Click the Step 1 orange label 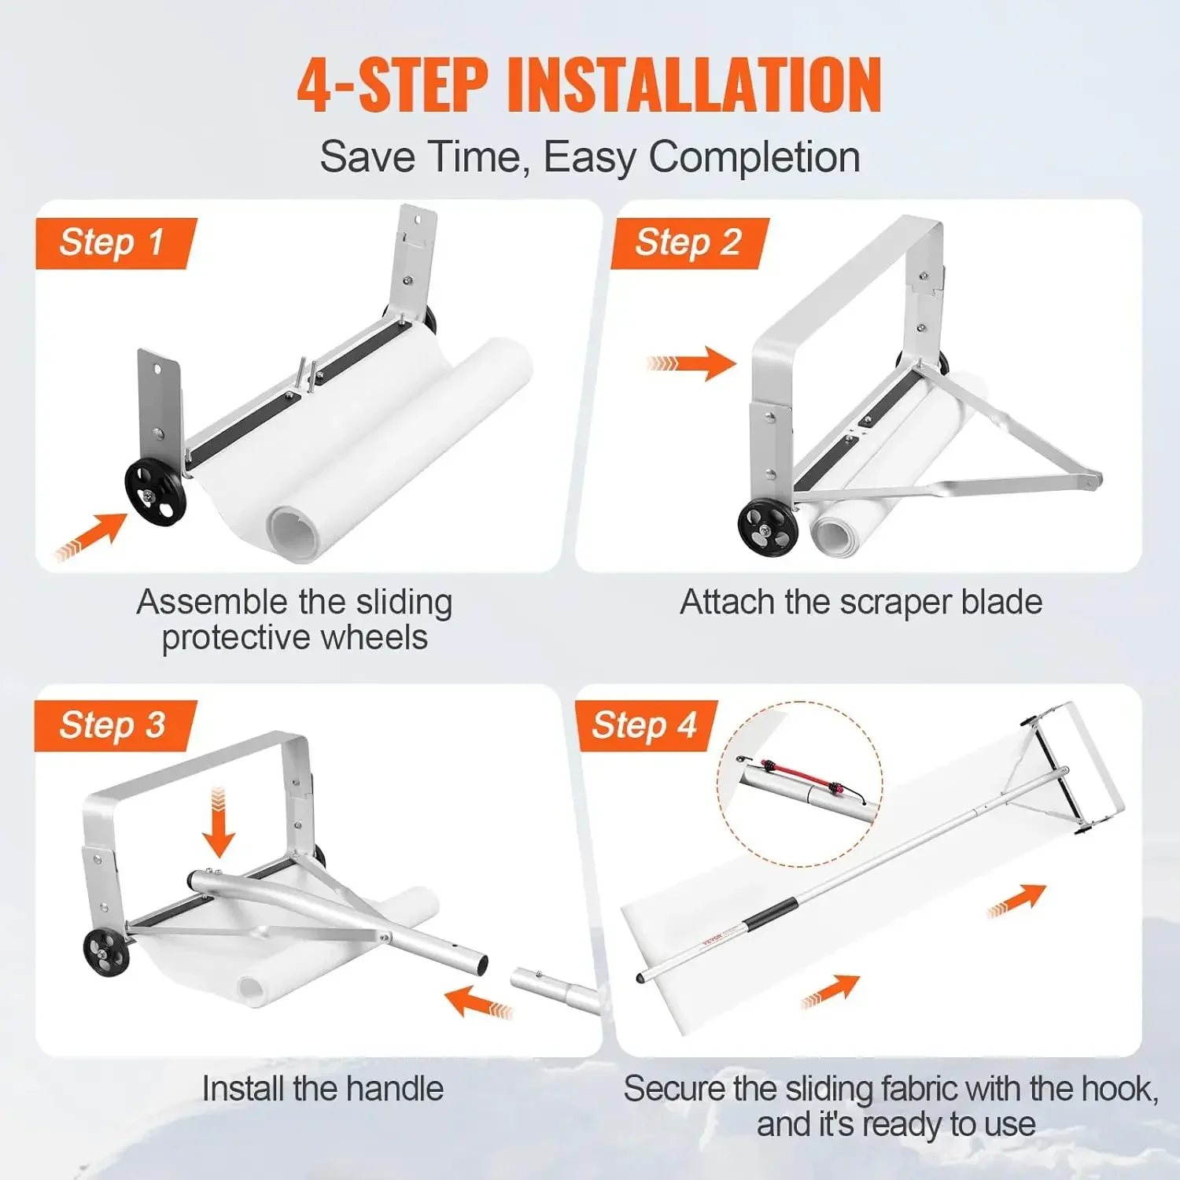coord(114,243)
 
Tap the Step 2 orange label coord(688,243)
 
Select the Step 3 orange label coord(114,725)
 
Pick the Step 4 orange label coord(645,725)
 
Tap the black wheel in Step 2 coord(768,527)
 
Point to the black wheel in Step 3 coord(106,952)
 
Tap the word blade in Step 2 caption coord(1001,603)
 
